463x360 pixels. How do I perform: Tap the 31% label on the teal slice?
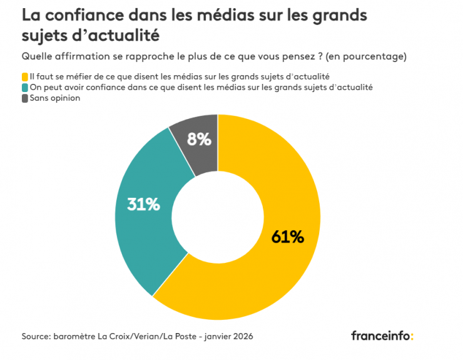click(143, 204)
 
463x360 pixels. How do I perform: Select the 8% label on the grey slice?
click(199, 139)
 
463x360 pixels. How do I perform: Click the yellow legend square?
click(25, 76)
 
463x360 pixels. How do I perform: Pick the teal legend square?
click(25, 87)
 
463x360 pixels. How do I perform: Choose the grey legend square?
click(25, 98)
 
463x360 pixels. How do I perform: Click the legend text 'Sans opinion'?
click(55, 98)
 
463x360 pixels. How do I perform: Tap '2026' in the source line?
click(242, 336)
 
